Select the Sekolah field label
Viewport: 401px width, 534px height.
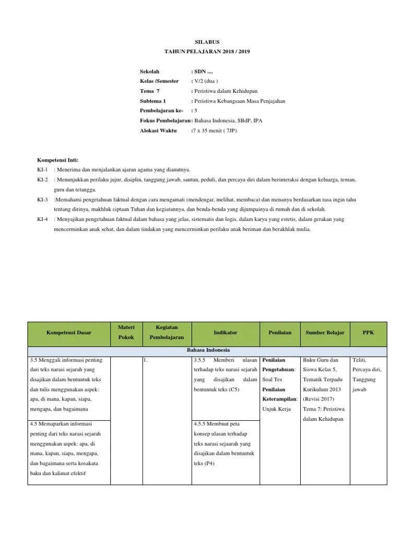click(x=149, y=71)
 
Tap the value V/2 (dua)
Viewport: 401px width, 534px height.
click(x=205, y=81)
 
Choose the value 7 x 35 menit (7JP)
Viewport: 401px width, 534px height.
click(x=215, y=130)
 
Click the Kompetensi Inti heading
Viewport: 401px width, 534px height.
click(x=57, y=160)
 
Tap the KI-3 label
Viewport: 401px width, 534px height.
click(x=43, y=199)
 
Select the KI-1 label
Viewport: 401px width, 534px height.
click(x=43, y=169)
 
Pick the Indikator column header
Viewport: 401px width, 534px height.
click(x=226, y=332)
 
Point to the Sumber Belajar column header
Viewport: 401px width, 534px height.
click(x=321, y=332)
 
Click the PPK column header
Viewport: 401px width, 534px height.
click(x=368, y=332)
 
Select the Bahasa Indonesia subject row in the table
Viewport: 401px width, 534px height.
click(x=207, y=350)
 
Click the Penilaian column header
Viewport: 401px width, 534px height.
click(x=280, y=332)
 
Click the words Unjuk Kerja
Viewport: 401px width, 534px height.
click(x=276, y=408)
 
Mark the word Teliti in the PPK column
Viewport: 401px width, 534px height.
click(x=360, y=360)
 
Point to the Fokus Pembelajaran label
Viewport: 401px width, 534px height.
click(x=165, y=120)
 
